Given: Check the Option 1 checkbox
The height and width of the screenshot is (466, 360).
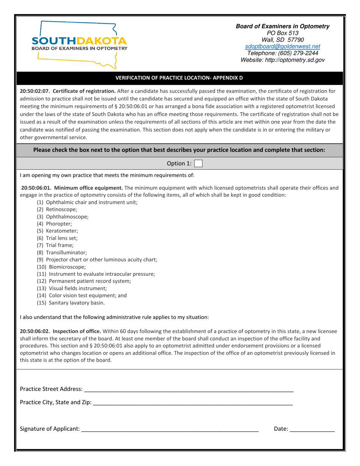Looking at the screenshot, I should (x=198, y=164).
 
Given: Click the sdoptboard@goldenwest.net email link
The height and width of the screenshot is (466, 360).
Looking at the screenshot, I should (x=282, y=46).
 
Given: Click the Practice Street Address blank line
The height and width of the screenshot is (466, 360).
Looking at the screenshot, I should (x=188, y=389).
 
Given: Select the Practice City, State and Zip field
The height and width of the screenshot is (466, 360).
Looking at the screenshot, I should (x=193, y=402).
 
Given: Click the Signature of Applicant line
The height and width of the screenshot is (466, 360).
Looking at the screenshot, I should (x=169, y=429).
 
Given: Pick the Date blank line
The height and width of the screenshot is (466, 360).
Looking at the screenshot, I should (x=311, y=429).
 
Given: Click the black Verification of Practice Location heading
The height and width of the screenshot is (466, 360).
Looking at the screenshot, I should (x=179, y=78).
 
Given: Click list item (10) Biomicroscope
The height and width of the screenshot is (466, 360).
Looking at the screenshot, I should (x=61, y=267).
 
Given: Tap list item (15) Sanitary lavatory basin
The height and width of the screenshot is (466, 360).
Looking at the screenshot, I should (x=70, y=303).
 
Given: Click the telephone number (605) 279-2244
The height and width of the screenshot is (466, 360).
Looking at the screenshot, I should (x=282, y=53).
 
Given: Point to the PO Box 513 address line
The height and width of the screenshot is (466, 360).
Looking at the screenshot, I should (x=282, y=33).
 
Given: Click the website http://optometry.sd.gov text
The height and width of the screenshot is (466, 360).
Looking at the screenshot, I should (x=282, y=60).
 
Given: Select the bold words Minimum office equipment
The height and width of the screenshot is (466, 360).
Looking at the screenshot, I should (x=89, y=188).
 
